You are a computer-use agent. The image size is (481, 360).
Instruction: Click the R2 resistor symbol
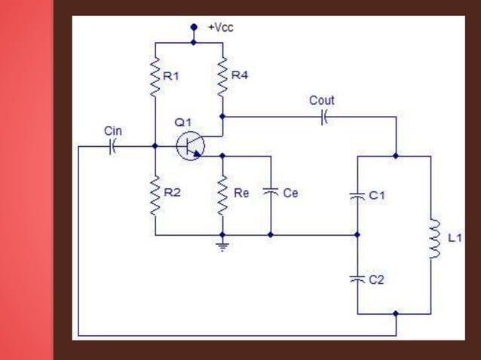[x=155, y=196]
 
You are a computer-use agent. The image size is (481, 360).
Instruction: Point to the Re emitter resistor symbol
[x=222, y=196]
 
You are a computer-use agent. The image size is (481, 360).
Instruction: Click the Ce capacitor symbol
[x=270, y=193]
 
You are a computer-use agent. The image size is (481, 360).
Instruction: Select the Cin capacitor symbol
[x=112, y=146]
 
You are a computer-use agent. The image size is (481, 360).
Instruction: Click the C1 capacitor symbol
[x=357, y=195]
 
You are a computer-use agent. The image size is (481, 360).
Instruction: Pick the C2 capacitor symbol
[x=357, y=279]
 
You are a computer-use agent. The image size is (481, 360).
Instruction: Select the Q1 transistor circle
[x=189, y=146]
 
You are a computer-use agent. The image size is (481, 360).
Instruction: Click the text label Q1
[x=183, y=122]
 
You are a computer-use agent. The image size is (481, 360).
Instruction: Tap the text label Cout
[x=322, y=100]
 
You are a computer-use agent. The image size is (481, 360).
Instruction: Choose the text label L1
[x=455, y=239]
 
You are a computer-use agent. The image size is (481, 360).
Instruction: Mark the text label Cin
[x=112, y=131]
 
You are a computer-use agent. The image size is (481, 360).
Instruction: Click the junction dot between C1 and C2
[x=357, y=235]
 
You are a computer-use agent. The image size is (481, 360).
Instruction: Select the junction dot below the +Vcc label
[x=193, y=42]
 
